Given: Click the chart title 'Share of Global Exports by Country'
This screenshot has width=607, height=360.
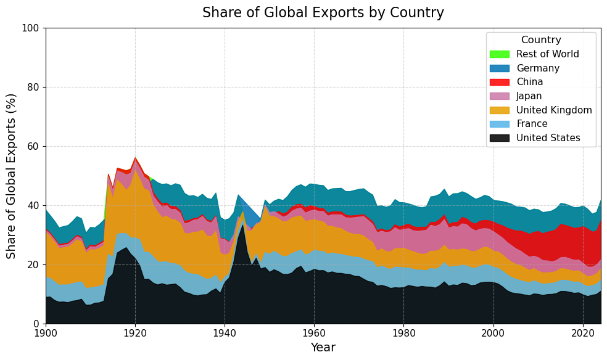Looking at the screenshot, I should tap(323, 13).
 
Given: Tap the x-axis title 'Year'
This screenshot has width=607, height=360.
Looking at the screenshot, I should tap(323, 348).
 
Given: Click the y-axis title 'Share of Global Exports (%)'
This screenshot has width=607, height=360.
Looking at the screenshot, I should tap(12, 176).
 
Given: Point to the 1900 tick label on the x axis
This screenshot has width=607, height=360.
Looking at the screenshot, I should tap(46, 333).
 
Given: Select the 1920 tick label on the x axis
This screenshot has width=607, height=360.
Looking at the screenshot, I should tap(135, 333).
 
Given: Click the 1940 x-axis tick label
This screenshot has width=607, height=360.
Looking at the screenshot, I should tap(225, 333).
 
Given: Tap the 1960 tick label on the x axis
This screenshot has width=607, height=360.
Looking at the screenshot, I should tap(314, 333).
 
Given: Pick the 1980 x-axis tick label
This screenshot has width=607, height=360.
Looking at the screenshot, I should tap(403, 333).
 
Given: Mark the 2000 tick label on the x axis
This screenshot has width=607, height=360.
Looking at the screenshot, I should tap(493, 333).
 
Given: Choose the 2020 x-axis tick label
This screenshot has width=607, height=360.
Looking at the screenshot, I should tap(583, 333).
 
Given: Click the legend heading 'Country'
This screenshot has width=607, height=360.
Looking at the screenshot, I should tap(541, 40).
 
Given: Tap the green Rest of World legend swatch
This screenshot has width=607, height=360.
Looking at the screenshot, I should tap(499, 54).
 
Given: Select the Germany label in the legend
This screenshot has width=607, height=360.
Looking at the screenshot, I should tap(538, 68).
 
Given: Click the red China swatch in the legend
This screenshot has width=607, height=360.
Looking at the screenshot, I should tap(499, 82).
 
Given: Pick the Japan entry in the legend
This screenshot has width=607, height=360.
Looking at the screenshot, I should tap(529, 96).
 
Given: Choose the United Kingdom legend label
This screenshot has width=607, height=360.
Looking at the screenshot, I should tap(554, 110).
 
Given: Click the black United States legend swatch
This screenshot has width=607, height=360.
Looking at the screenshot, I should tap(499, 138).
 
